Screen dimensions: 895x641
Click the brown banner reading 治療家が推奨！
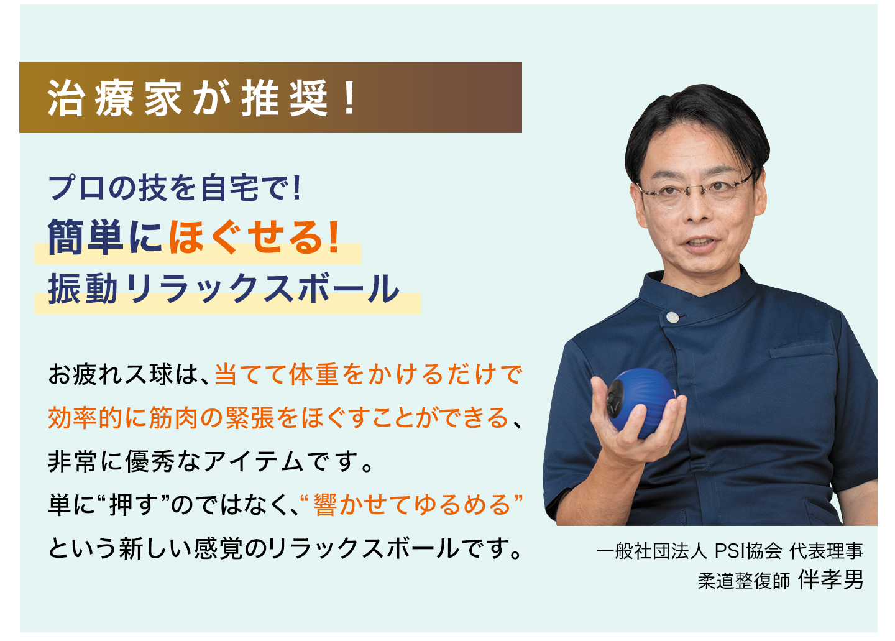tap(270, 97)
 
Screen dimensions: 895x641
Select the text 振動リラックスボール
tap(224, 288)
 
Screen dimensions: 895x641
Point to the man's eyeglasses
tap(696, 190)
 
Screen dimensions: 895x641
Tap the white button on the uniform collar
tap(672, 317)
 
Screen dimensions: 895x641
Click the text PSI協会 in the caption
tap(748, 551)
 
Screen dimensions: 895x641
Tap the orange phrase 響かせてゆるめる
tap(411, 505)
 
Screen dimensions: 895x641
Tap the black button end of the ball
tap(615, 399)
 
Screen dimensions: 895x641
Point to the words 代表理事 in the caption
tap(826, 551)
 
